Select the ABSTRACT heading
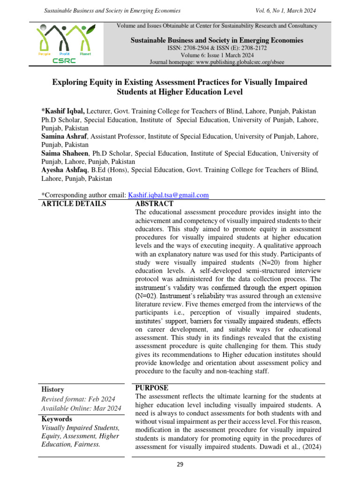154,204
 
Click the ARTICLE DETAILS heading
74,204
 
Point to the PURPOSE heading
152,388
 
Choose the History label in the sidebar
52,390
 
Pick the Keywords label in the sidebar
57,419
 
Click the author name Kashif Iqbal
65,111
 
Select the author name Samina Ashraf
64,136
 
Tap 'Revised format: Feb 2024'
78,399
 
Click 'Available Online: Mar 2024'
81,409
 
